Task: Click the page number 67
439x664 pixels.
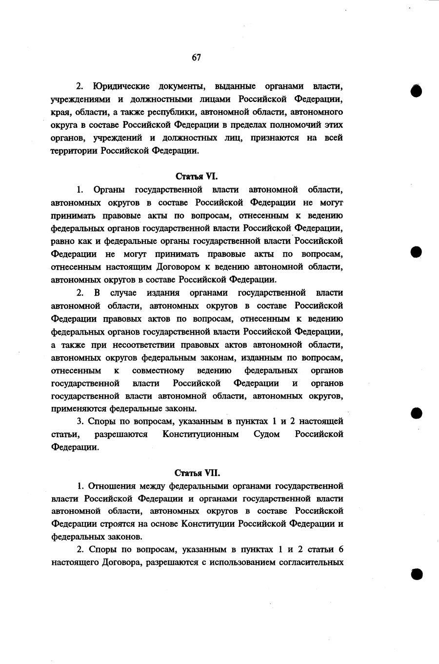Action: pos(196,58)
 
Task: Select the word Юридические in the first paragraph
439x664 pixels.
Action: pos(120,87)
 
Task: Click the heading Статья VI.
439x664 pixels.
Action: pos(197,176)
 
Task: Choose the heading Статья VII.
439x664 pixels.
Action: pos(197,473)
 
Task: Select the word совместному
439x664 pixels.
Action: pos(158,370)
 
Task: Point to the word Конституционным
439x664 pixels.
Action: pos(200,434)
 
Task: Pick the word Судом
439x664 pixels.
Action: pos(267,434)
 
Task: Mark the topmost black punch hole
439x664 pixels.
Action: pos(416,91)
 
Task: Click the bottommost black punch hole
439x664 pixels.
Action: pos(416,574)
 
